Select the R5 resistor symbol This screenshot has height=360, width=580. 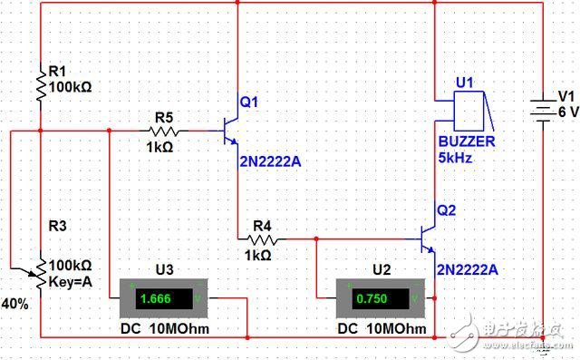[164, 130]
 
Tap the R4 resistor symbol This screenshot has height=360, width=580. [262, 239]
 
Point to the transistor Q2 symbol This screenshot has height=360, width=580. [428, 239]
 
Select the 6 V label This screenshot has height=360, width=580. [566, 111]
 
